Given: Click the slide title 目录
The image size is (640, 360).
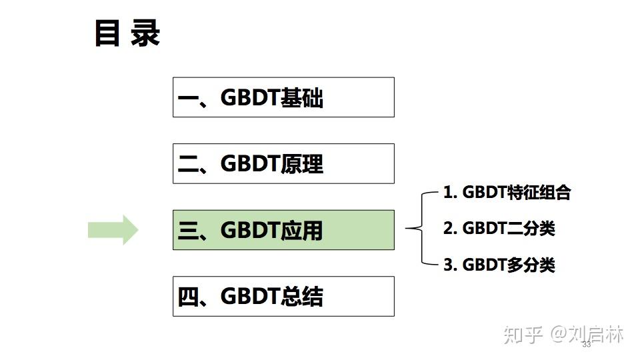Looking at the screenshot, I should [127, 33].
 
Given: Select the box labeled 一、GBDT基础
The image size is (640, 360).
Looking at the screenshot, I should [283, 97].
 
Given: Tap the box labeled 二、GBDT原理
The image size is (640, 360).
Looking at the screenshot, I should [283, 163].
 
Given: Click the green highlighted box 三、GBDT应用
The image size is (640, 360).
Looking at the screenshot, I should [283, 230].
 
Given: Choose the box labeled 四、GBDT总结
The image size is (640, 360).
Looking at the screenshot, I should [283, 296].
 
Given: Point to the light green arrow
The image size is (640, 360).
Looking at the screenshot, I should [113, 230].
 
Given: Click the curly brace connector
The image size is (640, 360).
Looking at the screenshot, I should [417, 229].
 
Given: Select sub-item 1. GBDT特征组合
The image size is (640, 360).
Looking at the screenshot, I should [507, 193].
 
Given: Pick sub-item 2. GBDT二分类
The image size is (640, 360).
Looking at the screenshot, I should [499, 229].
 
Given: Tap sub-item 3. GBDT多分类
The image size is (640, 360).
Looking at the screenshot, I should [499, 265].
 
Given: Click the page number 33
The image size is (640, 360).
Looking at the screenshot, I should [587, 345].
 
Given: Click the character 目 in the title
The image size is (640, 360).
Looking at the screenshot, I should [107, 33].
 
